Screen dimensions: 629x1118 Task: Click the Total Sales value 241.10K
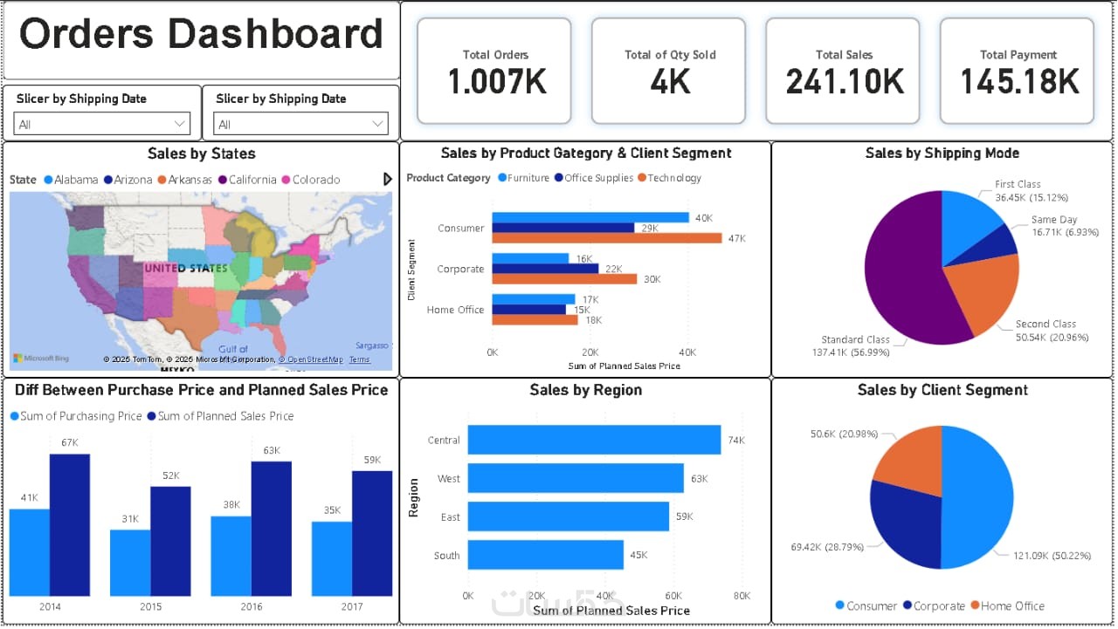click(x=844, y=82)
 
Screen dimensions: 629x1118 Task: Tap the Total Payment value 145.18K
click(x=1018, y=82)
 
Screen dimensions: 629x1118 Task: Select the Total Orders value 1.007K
click(x=496, y=82)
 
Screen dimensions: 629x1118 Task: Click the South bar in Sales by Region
click(x=545, y=555)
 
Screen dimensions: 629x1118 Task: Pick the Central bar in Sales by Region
click(x=594, y=440)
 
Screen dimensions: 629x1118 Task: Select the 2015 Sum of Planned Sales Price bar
click(x=170, y=541)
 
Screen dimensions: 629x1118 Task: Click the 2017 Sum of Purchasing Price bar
click(x=331, y=558)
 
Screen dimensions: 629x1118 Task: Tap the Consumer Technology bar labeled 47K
click(x=606, y=238)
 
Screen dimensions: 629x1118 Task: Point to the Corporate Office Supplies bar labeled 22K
click(x=545, y=269)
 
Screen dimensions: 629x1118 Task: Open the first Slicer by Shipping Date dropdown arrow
click(x=180, y=124)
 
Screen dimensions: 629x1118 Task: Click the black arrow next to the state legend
click(x=388, y=179)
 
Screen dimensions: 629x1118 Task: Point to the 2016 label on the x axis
click(x=251, y=606)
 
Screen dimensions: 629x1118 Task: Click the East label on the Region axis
click(x=450, y=516)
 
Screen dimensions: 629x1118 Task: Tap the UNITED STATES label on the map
click(x=185, y=268)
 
